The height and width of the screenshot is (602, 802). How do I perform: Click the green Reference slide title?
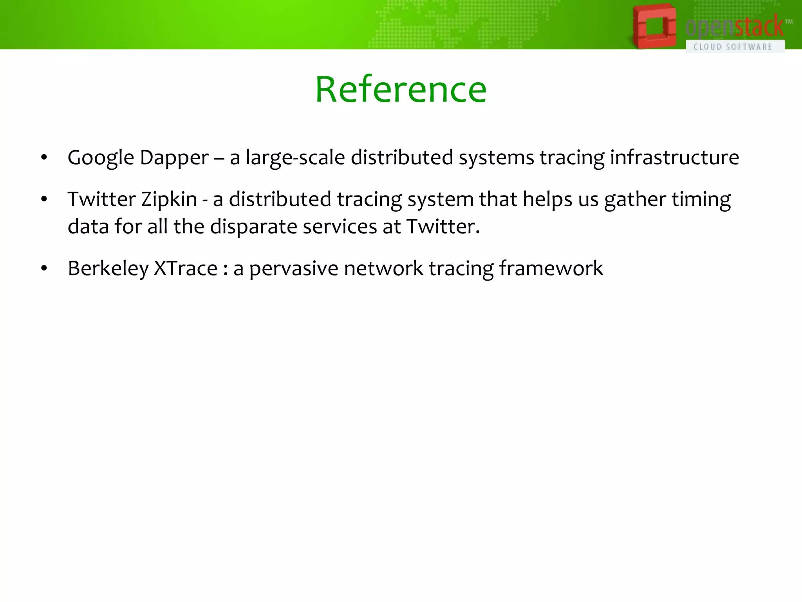pos(401,90)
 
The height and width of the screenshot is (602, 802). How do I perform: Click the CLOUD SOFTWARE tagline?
pos(733,47)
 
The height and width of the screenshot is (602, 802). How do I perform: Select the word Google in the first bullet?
pos(101,158)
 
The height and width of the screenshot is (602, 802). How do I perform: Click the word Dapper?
pos(174,158)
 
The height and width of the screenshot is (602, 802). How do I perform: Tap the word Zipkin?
pos(169,199)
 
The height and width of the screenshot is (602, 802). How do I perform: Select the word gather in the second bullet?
pos(635,199)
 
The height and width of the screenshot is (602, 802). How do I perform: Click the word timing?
pos(701,199)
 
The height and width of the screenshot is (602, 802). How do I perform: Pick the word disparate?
pos(253,227)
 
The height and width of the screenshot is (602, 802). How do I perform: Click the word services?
pos(340,227)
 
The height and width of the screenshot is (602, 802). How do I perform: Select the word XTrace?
pos(185,268)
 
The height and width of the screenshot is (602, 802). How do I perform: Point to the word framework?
pos(551,268)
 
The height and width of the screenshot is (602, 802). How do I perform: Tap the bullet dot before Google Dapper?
pos(44,158)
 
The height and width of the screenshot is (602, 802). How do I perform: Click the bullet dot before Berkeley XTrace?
pos(44,269)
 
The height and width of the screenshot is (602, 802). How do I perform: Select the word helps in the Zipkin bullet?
pos(547,199)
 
